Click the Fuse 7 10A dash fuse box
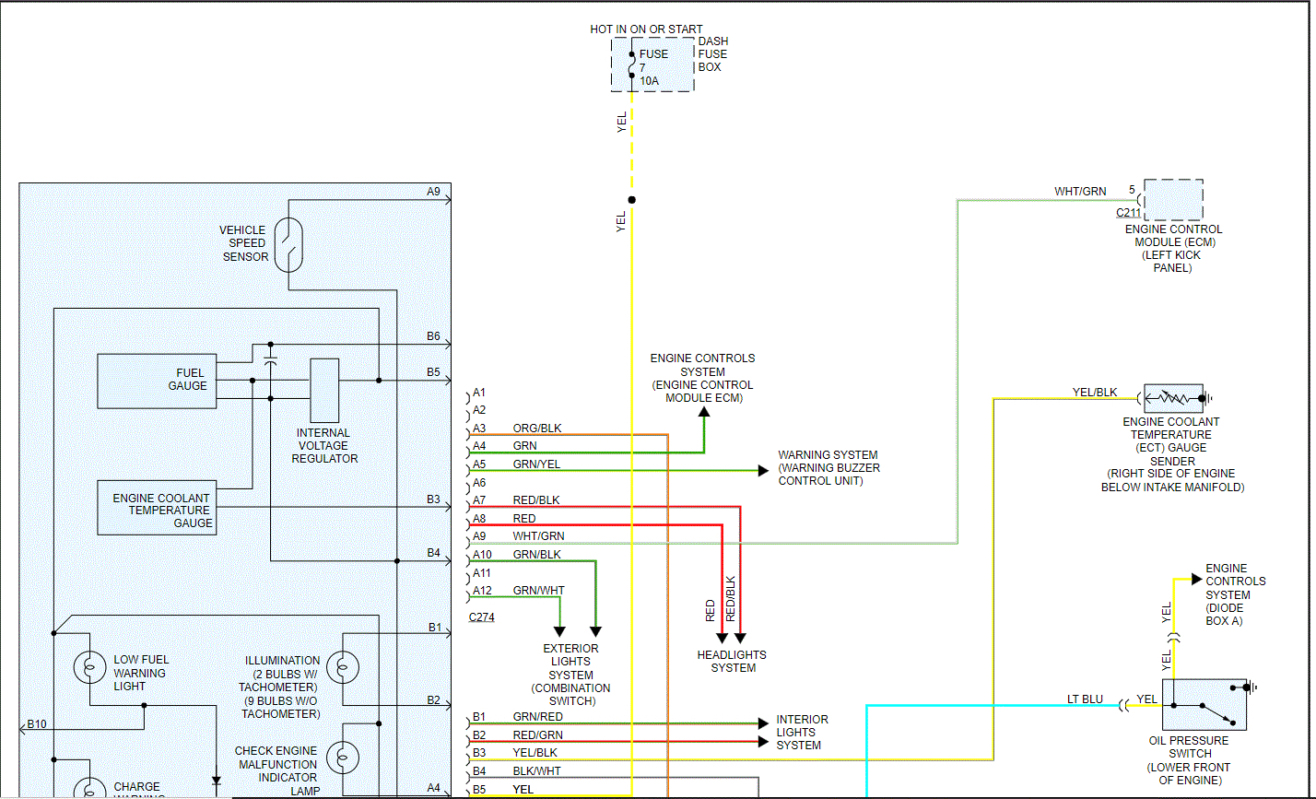click(652, 65)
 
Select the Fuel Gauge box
click(158, 381)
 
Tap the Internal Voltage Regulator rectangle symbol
click(324, 390)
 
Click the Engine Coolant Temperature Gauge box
click(158, 508)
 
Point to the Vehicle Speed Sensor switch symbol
click(288, 244)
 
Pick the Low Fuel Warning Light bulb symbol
click(89, 665)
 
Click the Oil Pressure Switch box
click(1204, 705)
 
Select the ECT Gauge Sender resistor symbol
click(1173, 399)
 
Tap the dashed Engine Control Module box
click(1173, 200)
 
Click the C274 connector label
click(481, 617)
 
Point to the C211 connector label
click(1129, 213)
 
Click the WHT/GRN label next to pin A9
click(539, 536)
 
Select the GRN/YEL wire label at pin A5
click(536, 464)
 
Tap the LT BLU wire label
click(1085, 699)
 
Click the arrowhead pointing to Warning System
click(763, 471)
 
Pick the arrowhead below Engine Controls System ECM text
click(704, 413)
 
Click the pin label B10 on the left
click(37, 724)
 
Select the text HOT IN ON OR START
click(646, 29)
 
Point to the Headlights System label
click(733, 662)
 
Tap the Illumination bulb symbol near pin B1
click(343, 665)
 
